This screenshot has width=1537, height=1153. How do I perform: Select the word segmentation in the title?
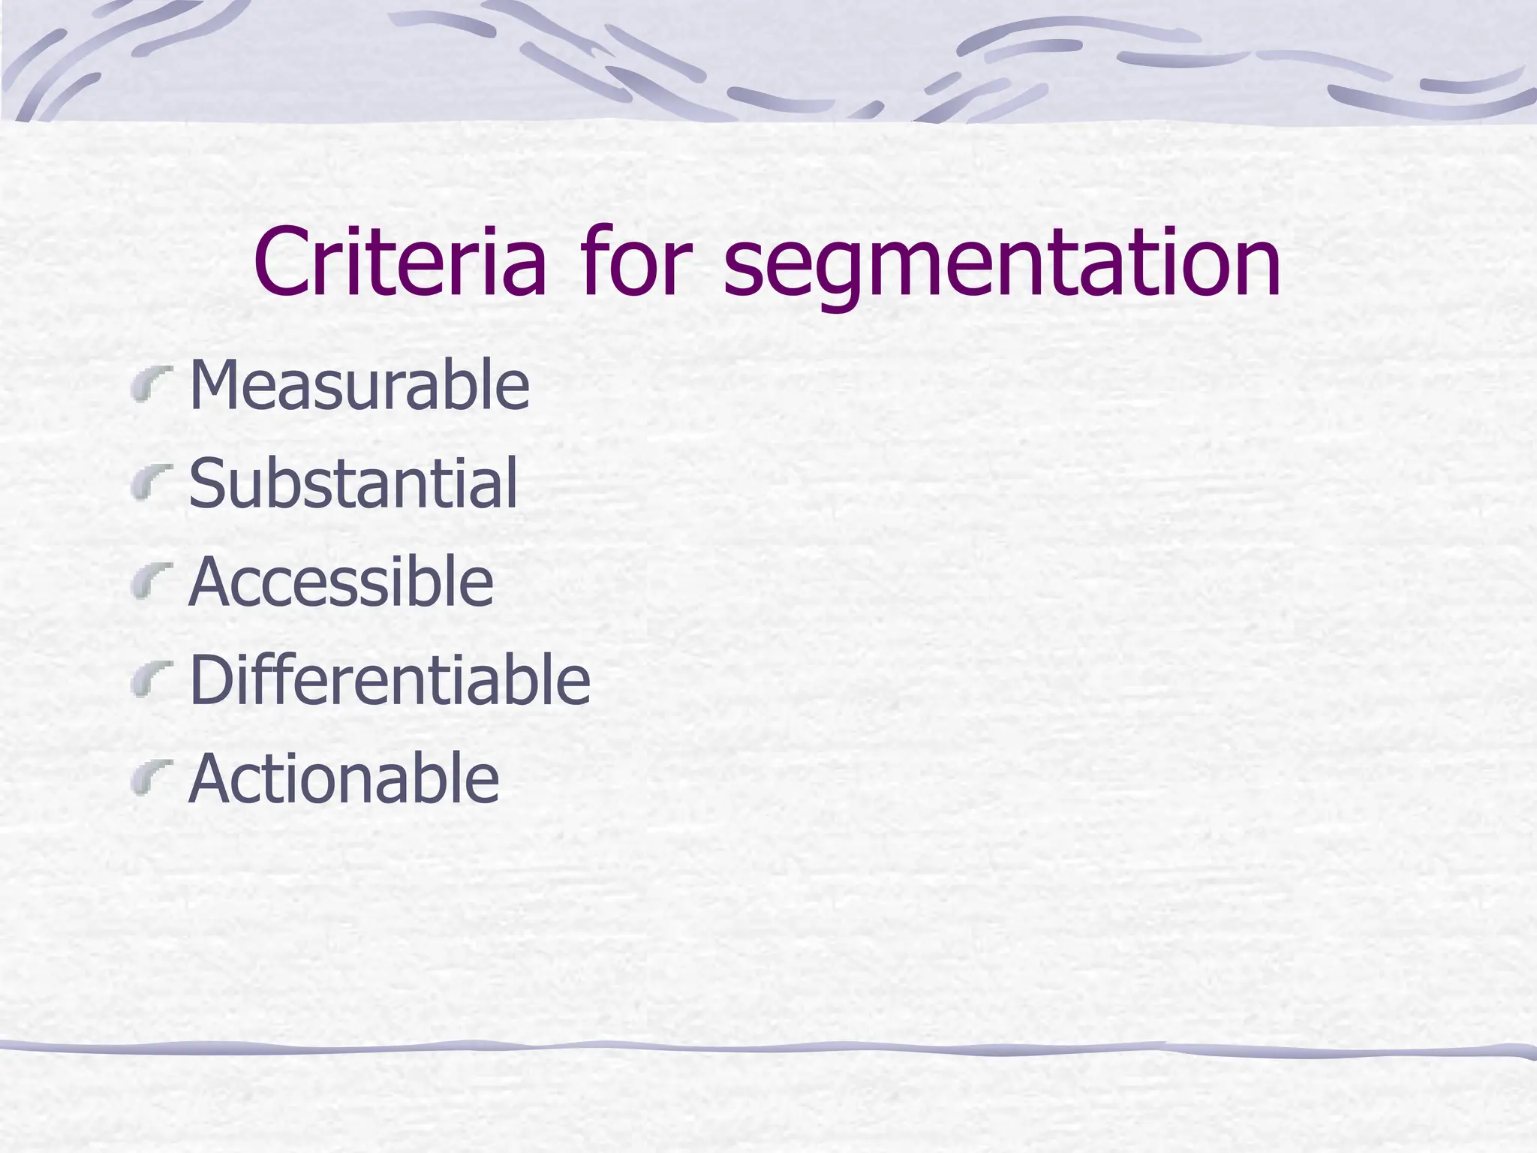click(x=1002, y=263)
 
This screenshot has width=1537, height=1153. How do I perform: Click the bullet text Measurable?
click(x=359, y=384)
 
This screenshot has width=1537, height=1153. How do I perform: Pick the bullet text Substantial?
click(x=353, y=483)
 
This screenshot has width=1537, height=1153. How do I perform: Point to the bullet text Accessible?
click(x=341, y=581)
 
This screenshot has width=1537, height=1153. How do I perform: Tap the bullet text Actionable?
click(x=344, y=778)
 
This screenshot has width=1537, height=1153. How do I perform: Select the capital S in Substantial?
click(x=208, y=483)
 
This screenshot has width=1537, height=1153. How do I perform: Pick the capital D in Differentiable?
click(x=212, y=679)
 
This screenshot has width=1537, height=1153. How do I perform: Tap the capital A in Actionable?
click(x=212, y=778)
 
